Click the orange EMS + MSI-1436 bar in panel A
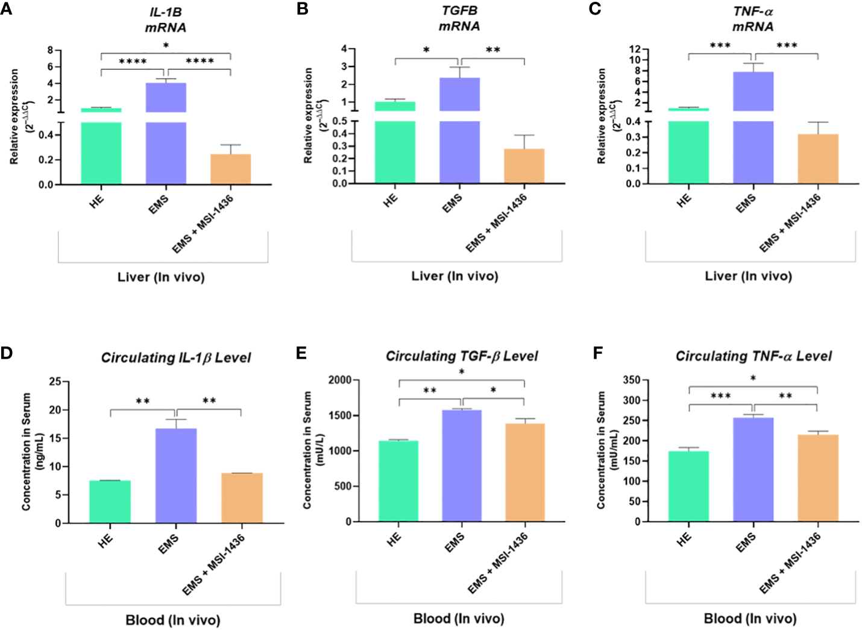(x=230, y=169)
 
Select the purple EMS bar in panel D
(x=175, y=476)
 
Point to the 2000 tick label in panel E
(x=339, y=380)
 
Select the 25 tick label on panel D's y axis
(x=55, y=382)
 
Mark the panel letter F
(x=597, y=353)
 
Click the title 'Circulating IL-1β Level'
(x=175, y=358)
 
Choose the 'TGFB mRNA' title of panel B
(x=459, y=19)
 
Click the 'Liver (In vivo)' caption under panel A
(x=161, y=277)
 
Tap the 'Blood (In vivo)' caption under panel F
(x=750, y=619)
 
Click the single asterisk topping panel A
(x=166, y=46)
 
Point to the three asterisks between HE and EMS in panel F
(x=720, y=396)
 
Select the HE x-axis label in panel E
(x=394, y=539)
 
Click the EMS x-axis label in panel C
(x=745, y=204)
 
